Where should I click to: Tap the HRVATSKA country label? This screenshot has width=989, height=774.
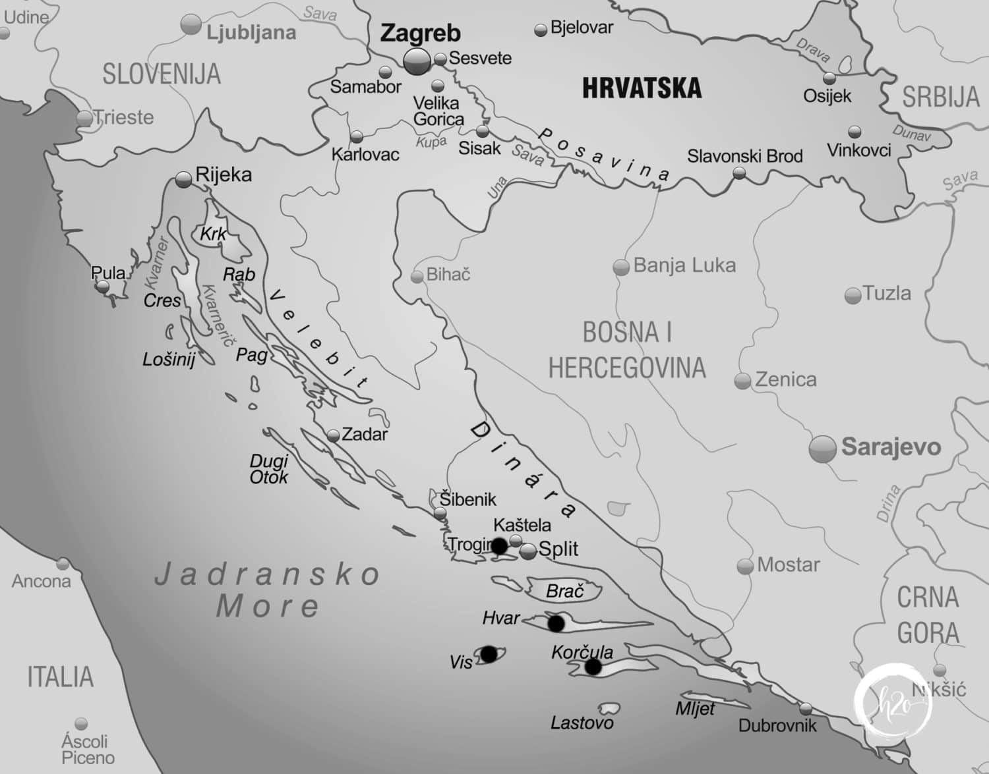[x=642, y=88]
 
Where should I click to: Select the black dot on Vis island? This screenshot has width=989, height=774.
[x=489, y=653]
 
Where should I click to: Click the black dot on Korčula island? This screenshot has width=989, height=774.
[x=593, y=667]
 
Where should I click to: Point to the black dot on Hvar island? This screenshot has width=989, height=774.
[x=556, y=622]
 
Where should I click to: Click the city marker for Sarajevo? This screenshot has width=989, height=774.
[x=822, y=449]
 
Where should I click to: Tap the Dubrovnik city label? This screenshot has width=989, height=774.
[x=777, y=725]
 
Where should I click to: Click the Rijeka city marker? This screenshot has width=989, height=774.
[x=184, y=178]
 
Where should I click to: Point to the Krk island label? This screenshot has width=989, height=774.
[x=213, y=234]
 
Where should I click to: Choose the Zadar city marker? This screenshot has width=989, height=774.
[x=333, y=435]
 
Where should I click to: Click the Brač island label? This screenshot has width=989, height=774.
[x=565, y=591]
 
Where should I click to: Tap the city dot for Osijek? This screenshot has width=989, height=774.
[x=829, y=79]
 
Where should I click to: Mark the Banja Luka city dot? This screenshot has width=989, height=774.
[x=620, y=267]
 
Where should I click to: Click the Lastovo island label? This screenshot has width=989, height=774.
[x=582, y=723]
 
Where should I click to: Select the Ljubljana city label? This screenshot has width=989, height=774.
[x=251, y=33]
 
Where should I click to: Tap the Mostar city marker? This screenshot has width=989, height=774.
[x=745, y=566]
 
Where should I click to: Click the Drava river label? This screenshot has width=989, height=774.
[x=813, y=51]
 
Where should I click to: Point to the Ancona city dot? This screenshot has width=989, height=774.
[x=63, y=564]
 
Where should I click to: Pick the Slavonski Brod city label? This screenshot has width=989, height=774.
[x=744, y=156]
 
